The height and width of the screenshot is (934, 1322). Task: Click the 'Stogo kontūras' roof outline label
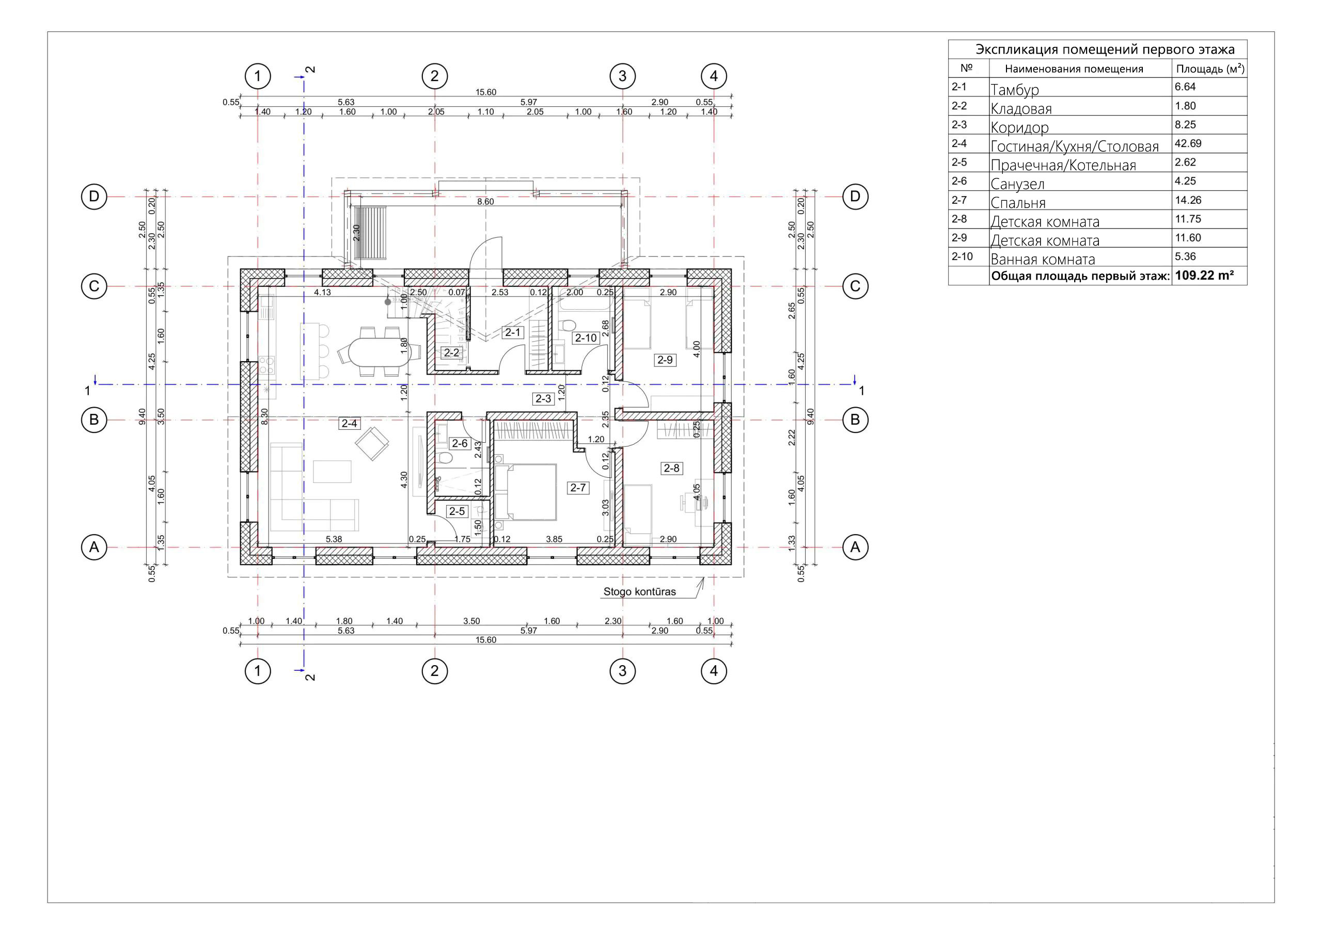[x=639, y=591]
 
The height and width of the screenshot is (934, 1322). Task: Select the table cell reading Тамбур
[x=1015, y=90]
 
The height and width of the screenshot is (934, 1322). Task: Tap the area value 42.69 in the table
[x=1188, y=143]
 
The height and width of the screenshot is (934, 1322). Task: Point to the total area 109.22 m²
[x=1204, y=276]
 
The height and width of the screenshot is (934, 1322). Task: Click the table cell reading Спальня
[x=1018, y=203]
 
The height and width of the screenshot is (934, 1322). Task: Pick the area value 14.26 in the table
[x=1188, y=200]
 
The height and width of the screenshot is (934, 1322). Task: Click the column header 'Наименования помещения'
[x=1074, y=69]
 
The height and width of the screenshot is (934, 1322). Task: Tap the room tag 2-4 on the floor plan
[x=349, y=424]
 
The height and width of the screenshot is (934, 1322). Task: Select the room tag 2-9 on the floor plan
[x=665, y=360]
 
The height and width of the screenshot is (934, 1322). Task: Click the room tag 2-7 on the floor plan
[x=577, y=488]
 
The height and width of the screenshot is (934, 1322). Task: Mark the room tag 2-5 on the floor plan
[x=457, y=511]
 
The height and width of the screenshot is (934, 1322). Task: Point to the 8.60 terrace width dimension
[x=485, y=202]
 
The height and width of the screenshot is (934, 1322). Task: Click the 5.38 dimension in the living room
[x=334, y=539]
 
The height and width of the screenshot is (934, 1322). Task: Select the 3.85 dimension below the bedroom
[x=554, y=539]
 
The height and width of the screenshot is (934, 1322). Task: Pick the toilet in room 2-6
[x=444, y=459]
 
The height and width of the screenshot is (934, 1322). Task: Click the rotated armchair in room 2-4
[x=372, y=443]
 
